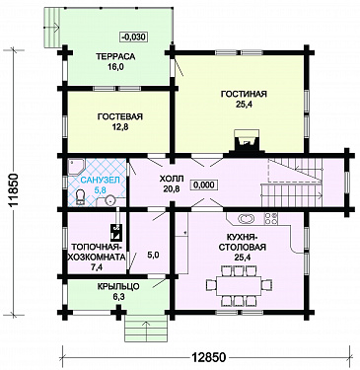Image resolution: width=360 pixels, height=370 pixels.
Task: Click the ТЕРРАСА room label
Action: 115,56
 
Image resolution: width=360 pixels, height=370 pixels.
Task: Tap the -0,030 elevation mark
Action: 133,37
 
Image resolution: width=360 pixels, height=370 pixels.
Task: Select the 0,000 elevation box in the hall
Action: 204,185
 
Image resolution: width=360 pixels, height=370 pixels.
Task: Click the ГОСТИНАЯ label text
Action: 244,94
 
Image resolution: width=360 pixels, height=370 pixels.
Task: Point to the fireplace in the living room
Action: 247,141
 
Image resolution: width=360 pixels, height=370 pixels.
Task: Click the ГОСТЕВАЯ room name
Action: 120,116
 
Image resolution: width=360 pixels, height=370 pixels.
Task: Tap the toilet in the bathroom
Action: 80,198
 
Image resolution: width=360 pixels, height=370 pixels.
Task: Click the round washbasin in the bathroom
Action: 111,199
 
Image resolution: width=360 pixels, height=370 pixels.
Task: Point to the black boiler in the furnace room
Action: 116,232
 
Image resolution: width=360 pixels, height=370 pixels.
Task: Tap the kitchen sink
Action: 247,219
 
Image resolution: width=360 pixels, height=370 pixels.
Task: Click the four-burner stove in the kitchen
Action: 271,219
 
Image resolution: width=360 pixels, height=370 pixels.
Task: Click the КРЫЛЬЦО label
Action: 118,287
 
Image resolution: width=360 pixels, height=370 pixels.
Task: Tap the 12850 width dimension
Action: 209,357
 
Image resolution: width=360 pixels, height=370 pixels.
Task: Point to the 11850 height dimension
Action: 14,189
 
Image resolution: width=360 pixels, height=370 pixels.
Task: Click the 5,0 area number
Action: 153,256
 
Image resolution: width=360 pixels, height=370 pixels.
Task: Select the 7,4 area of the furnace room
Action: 97,267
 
